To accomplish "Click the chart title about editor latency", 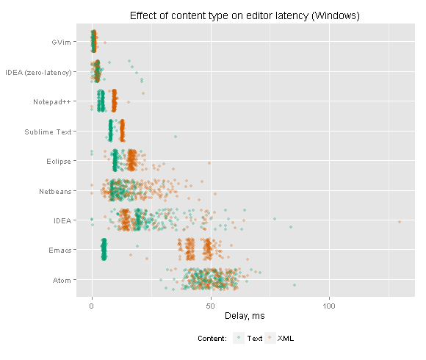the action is point(245,15).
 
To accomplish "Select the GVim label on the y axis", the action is point(62,43).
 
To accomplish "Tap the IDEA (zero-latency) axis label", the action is point(38,73).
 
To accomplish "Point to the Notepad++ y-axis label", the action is point(52,102).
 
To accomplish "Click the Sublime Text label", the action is point(48,132).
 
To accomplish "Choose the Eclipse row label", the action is point(59,162).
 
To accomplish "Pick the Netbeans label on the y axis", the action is point(55,192).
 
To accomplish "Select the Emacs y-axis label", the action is point(59,251).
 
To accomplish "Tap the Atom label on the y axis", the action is point(62,281).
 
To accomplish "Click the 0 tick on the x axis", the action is point(92,306).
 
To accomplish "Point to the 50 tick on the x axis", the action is point(211,306).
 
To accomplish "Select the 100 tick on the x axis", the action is point(329,306).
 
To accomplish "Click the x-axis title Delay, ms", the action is point(245,316).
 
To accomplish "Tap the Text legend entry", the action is point(254,338).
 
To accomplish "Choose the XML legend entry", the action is point(286,338).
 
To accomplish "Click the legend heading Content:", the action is point(212,339).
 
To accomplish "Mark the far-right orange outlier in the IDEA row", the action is point(400,222).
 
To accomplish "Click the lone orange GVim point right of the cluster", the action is point(105,43).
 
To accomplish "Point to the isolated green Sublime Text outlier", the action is point(176,137).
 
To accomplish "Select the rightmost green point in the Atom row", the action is point(295,285).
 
